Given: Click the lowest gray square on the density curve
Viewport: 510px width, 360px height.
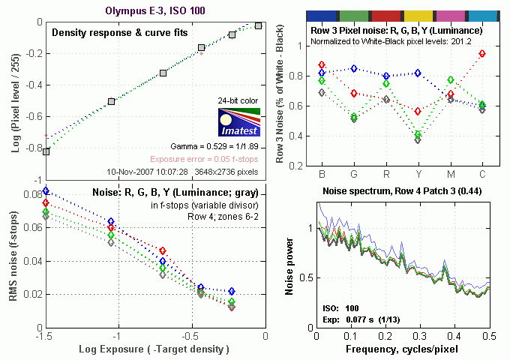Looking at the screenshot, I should coord(46,151).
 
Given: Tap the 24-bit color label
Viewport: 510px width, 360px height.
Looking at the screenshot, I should coord(238,101).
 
